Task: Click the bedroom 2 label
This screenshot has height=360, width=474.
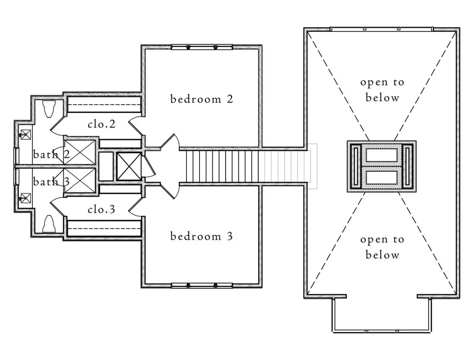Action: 202,99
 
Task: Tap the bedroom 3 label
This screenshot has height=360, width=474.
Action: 202,236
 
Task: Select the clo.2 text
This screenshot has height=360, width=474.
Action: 101,124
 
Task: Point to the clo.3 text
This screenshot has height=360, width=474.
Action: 101,209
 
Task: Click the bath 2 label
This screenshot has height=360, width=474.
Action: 51,155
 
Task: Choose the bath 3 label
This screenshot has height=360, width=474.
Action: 51,181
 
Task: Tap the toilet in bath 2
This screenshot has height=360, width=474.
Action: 49,109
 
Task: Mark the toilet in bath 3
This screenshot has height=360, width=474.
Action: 49,223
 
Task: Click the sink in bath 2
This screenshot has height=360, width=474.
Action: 25,135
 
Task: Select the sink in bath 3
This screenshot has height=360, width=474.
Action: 25,199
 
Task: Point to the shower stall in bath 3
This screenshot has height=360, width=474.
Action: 80,181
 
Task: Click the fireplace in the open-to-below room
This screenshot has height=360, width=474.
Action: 381,166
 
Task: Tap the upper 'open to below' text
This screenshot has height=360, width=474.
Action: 382,90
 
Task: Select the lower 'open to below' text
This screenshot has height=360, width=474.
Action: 382,247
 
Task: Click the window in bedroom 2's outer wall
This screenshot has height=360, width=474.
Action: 202,47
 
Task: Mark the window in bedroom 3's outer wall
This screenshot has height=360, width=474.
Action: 202,286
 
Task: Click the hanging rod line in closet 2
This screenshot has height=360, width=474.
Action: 104,105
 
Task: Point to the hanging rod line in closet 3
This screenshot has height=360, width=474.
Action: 104,229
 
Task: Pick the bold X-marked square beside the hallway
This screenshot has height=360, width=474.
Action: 129,166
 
